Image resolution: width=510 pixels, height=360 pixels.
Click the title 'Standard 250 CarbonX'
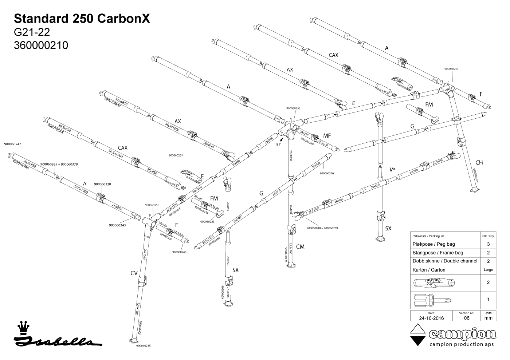coord(82,19)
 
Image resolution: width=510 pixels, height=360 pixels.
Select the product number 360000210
coord(41,46)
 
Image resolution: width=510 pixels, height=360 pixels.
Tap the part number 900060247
coord(12,144)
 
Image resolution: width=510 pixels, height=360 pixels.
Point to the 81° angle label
coord(279,144)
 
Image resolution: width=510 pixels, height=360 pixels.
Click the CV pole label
coord(134,273)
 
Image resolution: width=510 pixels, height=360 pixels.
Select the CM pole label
coord(300,247)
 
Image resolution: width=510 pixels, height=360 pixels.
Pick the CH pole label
coord(479,163)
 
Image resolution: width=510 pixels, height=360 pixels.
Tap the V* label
coord(393,170)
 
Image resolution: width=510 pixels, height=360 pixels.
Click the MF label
coord(327,136)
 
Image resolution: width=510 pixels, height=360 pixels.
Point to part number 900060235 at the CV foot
coord(143,346)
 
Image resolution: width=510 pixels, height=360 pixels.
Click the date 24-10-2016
coord(431,318)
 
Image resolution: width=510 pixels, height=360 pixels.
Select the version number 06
coord(467,318)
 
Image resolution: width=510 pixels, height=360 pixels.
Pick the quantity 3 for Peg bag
coord(488,244)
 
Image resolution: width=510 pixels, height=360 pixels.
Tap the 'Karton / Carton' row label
coord(429,270)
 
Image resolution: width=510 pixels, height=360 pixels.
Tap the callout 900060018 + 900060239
coord(322,228)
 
